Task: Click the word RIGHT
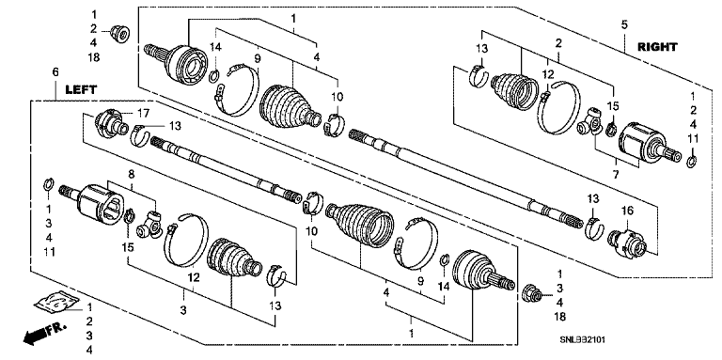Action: tap(657, 47)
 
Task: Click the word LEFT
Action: tap(81, 90)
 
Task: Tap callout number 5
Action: tap(624, 24)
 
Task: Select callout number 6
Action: tap(55, 72)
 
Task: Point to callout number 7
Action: tap(616, 175)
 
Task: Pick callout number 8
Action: tap(132, 175)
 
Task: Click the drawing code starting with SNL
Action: tap(582, 339)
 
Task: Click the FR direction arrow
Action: tap(44, 334)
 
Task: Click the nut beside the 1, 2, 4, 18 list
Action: tap(120, 34)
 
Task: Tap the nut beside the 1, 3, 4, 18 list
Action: tap(534, 294)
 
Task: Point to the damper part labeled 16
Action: tap(627, 241)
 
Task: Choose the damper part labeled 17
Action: tap(110, 122)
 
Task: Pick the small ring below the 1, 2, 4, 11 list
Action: tap(692, 161)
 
